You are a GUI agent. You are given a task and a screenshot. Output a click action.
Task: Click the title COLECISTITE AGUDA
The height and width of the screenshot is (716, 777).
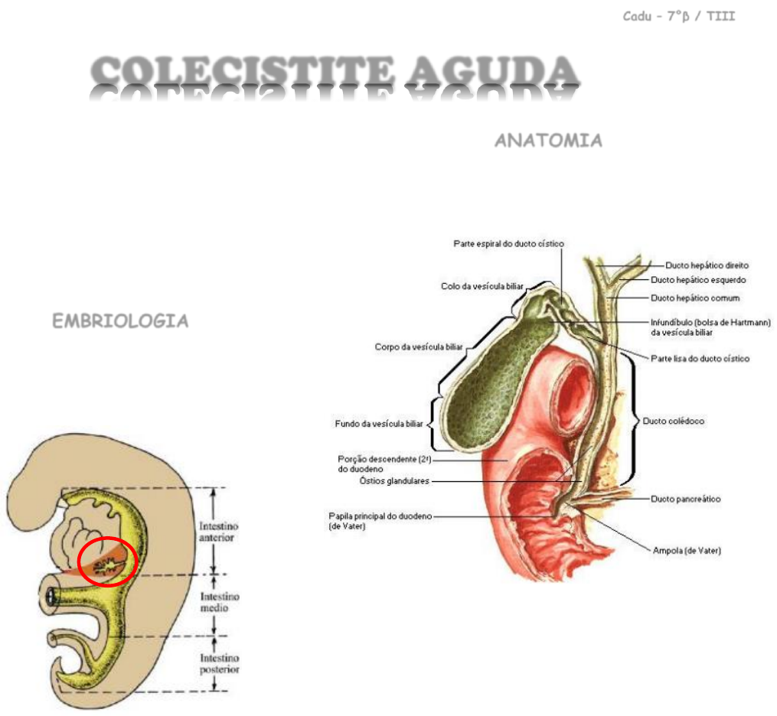click(334, 73)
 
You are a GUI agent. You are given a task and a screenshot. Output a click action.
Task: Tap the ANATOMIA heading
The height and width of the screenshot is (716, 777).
click(547, 141)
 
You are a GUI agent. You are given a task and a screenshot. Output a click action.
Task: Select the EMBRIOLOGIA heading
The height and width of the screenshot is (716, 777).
click(120, 321)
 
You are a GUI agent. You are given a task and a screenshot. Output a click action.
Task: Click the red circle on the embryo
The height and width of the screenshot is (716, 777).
click(108, 561)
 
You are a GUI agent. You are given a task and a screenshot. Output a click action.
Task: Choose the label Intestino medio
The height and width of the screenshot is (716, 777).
click(220, 602)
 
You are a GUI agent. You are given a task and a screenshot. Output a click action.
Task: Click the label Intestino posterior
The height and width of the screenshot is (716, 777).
click(220, 663)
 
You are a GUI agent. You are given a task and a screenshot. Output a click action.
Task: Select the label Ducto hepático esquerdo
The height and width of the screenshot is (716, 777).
click(710, 280)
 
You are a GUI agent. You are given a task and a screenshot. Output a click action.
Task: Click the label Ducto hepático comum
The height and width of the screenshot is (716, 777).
click(706, 298)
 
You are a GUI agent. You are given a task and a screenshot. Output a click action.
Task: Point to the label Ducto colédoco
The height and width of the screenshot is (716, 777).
click(674, 421)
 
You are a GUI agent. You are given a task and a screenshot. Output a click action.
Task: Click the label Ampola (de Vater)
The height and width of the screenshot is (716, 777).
click(687, 551)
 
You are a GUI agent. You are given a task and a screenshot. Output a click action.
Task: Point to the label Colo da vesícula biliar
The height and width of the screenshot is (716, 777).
click(482, 286)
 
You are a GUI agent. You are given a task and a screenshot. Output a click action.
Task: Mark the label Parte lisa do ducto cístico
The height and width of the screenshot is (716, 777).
click(700, 358)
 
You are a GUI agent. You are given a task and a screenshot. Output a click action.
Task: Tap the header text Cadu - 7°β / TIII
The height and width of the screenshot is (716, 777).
click(678, 16)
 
